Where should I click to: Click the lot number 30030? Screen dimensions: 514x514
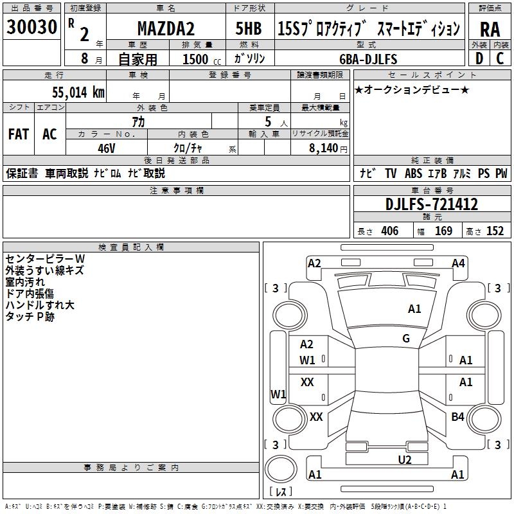pos(32,27)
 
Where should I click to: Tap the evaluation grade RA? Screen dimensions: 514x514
pos(490,30)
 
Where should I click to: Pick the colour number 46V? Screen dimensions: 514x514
pos(106,148)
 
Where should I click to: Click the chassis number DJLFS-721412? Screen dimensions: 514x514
pos(432,204)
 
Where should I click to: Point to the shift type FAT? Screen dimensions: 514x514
pos(19,134)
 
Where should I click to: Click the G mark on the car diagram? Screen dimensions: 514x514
pos(406,339)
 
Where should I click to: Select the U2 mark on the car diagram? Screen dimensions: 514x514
pos(404,459)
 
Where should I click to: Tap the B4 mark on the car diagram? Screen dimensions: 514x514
pos(457,417)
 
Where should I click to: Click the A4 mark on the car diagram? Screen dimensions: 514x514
pos(458,263)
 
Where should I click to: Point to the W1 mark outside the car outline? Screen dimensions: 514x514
pos(278,394)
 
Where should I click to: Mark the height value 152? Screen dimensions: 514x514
pos(495,231)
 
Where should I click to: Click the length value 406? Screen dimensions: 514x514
pos(389,231)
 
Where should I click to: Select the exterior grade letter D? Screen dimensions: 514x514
pos(479,58)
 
